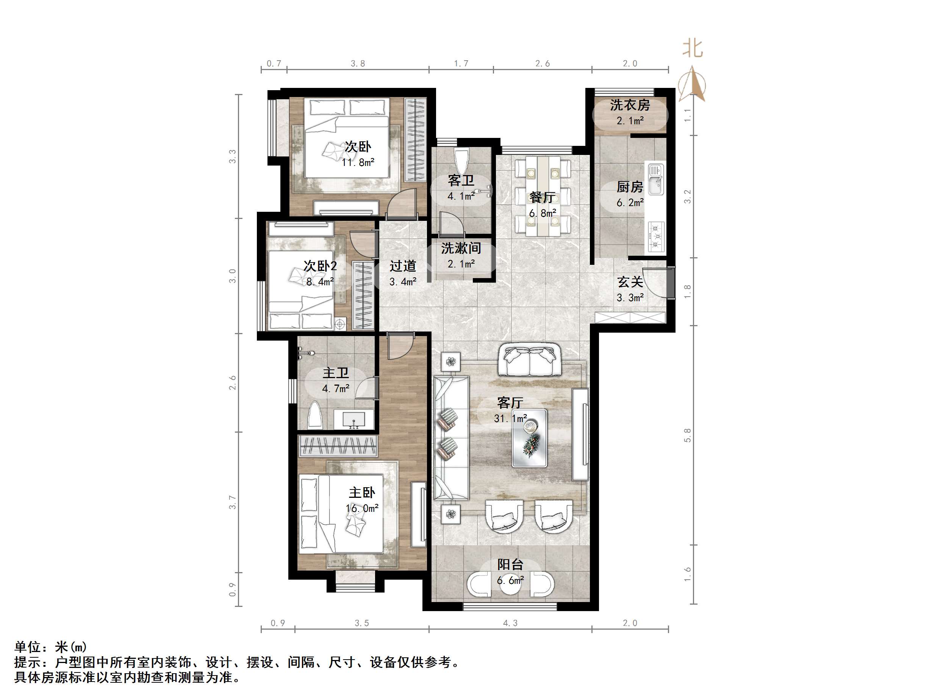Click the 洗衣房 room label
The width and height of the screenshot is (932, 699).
(x=630, y=105)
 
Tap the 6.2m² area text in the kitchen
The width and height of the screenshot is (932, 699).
(x=630, y=203)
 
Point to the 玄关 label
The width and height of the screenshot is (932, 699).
(x=630, y=282)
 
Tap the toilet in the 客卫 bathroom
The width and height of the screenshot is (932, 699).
(x=462, y=159)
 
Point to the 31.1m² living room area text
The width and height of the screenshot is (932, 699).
(x=510, y=418)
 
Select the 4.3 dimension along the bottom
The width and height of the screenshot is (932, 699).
(x=510, y=623)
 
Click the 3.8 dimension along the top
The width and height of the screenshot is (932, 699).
(x=358, y=64)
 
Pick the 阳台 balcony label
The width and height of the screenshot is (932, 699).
(x=510, y=565)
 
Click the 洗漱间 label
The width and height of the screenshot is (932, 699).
(x=461, y=248)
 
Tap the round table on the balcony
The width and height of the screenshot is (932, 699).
(x=511, y=583)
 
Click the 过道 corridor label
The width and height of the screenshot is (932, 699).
(x=402, y=266)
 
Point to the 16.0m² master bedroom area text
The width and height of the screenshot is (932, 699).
(x=361, y=508)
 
